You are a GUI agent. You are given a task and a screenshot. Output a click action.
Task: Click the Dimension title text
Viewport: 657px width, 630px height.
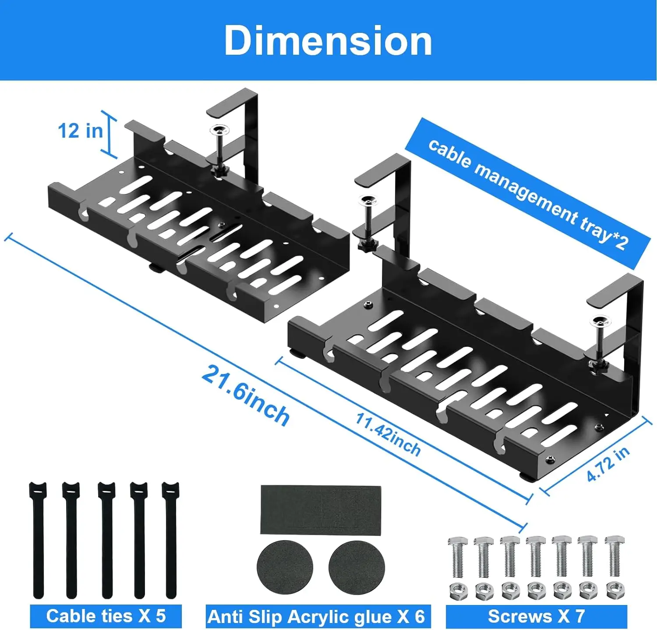(328, 40)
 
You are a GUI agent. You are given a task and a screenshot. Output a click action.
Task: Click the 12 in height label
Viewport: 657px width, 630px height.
(80, 131)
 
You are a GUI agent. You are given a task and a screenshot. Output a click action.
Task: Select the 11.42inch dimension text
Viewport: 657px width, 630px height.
(388, 434)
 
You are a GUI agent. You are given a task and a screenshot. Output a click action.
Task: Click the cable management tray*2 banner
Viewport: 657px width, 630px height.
(528, 194)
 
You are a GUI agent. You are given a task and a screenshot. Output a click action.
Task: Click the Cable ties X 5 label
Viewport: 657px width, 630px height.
(106, 616)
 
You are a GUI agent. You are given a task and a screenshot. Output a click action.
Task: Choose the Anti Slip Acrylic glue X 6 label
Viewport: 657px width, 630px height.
(316, 616)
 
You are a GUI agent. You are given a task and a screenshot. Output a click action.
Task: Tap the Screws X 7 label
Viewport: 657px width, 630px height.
(536, 616)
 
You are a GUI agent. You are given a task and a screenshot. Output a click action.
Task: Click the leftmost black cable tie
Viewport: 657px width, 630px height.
(38, 539)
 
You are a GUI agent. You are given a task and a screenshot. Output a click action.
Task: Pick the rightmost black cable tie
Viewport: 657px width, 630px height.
(171, 539)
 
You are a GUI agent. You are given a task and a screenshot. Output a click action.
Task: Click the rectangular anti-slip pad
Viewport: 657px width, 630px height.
(321, 509)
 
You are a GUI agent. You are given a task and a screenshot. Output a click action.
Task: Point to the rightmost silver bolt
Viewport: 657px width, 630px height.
(615, 556)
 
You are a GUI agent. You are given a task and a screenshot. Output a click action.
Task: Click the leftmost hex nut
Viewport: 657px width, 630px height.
(458, 591)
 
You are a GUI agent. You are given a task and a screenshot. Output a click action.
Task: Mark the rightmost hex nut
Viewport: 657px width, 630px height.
(615, 591)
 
